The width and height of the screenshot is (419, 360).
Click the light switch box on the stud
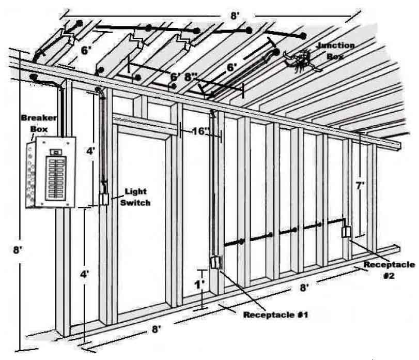(x=104, y=199)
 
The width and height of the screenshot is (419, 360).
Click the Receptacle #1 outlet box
(x=215, y=263)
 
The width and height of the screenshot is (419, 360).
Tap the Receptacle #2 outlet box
(x=347, y=232)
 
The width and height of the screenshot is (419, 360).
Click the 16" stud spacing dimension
(x=199, y=131)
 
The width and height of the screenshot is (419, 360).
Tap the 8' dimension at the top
(x=235, y=16)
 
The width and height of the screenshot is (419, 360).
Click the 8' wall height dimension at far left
(x=17, y=250)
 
